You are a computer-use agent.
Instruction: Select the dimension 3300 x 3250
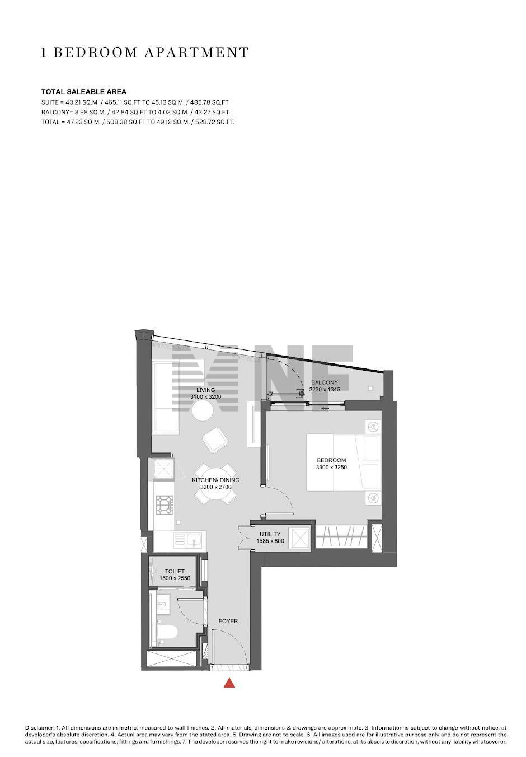(331, 468)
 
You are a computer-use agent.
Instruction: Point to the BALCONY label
(325, 382)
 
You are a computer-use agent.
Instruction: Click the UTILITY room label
(270, 534)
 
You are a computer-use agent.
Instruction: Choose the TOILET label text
(175, 571)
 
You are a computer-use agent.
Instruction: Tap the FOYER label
(228, 621)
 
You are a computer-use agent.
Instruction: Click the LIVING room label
(205, 390)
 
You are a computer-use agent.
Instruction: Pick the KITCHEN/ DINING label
(215, 480)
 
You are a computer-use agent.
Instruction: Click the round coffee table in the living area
(203, 410)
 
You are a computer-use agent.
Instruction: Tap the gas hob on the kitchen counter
(165, 504)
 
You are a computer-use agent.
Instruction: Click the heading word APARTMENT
(196, 53)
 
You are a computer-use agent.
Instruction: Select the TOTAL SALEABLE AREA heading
(84, 91)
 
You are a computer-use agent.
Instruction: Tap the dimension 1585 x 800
(270, 541)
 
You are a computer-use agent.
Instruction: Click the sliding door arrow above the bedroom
(325, 408)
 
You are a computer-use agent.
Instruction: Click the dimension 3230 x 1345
(325, 389)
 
